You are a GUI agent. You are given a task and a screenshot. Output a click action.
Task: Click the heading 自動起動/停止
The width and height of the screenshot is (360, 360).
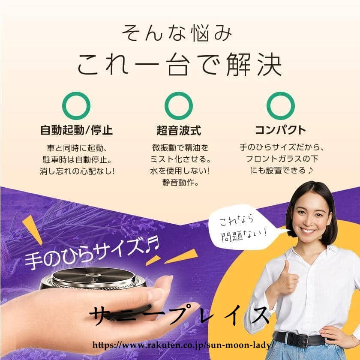tap(76, 130)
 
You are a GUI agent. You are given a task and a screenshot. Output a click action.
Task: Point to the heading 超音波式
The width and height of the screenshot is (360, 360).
tap(179, 130)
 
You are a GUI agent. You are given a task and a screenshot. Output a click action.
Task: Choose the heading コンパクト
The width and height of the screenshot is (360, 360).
tap(281, 130)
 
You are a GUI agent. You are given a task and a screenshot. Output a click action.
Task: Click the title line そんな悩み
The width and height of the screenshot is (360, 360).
tap(177, 33)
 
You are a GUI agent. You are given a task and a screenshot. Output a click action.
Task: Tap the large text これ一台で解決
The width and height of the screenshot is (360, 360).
tap(180, 65)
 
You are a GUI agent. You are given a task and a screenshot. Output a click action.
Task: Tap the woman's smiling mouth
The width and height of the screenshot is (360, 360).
tap(307, 231)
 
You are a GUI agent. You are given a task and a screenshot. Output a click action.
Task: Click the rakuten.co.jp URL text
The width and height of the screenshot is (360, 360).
tap(183, 345)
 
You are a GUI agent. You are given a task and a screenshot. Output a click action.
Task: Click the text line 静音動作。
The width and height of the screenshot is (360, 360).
tap(180, 183)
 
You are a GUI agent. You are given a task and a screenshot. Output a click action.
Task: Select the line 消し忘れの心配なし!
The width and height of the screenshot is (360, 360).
tap(77, 171)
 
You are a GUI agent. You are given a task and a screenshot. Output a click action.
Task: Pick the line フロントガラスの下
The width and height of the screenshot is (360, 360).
tap(282, 159)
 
